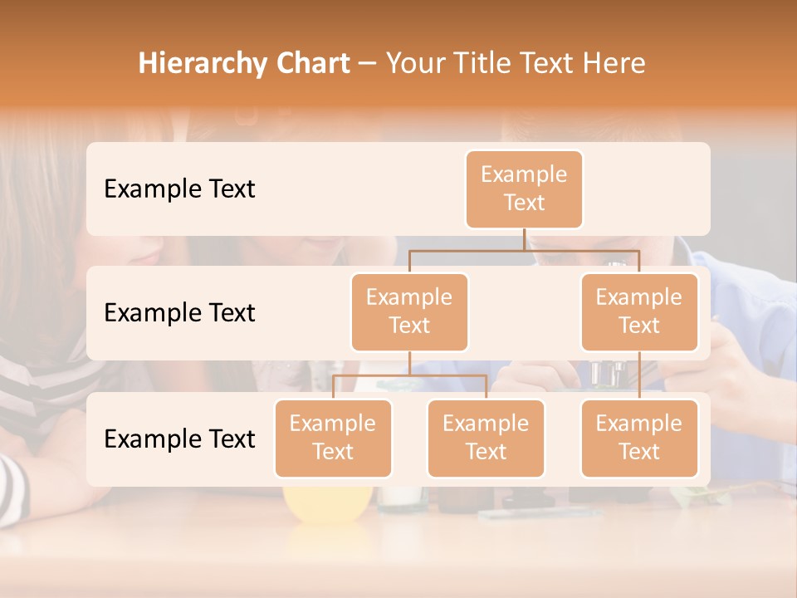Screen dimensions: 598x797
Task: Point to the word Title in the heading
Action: click(490, 63)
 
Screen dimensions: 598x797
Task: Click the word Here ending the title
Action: click(614, 63)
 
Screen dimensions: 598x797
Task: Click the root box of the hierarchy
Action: click(524, 189)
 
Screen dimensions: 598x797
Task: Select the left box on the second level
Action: click(409, 312)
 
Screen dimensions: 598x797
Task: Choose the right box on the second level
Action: click(638, 312)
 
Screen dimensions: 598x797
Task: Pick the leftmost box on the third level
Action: click(333, 439)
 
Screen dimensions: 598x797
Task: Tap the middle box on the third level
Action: click(486, 439)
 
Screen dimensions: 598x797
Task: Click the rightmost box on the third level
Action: click(638, 439)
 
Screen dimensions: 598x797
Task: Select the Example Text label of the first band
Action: click(179, 189)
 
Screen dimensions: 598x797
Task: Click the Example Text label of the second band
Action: click(179, 313)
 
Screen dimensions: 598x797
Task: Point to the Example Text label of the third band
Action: click(179, 439)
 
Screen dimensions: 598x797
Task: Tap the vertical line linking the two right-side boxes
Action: click(639, 375)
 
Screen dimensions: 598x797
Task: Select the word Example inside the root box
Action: click(524, 174)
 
